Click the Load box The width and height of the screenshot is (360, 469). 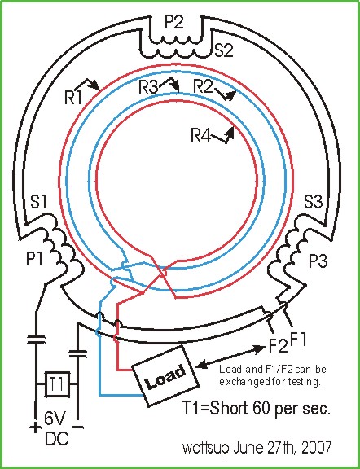[x=165, y=375]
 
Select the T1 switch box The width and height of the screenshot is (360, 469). [x=57, y=384]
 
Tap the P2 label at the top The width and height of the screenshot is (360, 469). [x=173, y=23]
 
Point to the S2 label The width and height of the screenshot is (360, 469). [x=224, y=50]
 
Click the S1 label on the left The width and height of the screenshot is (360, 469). [x=39, y=202]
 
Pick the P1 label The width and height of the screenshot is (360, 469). [x=34, y=259]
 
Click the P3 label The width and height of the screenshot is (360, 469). [x=318, y=261]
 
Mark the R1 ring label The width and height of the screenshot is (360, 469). [x=73, y=97]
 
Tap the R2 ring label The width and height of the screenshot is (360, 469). [x=203, y=87]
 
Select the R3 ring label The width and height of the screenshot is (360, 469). [x=149, y=88]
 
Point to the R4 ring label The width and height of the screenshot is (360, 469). [x=201, y=135]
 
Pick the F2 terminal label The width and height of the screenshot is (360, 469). [x=279, y=345]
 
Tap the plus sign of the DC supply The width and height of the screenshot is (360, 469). [x=35, y=428]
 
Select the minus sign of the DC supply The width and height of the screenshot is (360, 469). [x=78, y=427]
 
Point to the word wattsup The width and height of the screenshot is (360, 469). [x=205, y=449]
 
